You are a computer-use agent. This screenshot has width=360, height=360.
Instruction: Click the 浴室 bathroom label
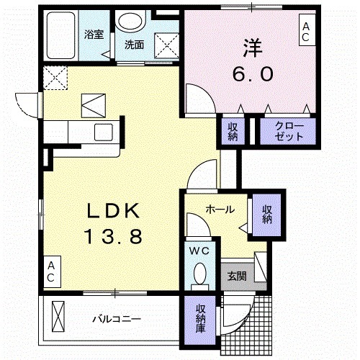click(x=94, y=33)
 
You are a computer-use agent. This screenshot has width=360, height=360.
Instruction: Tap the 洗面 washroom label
click(x=134, y=45)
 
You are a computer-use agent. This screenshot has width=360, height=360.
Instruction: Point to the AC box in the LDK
click(x=52, y=271)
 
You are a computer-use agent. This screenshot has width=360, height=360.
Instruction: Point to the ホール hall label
click(x=219, y=210)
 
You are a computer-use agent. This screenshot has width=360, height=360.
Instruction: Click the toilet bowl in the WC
click(x=200, y=274)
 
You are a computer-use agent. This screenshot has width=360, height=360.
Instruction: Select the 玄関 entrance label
click(x=236, y=275)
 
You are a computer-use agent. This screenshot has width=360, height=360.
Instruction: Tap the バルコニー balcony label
click(x=115, y=318)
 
